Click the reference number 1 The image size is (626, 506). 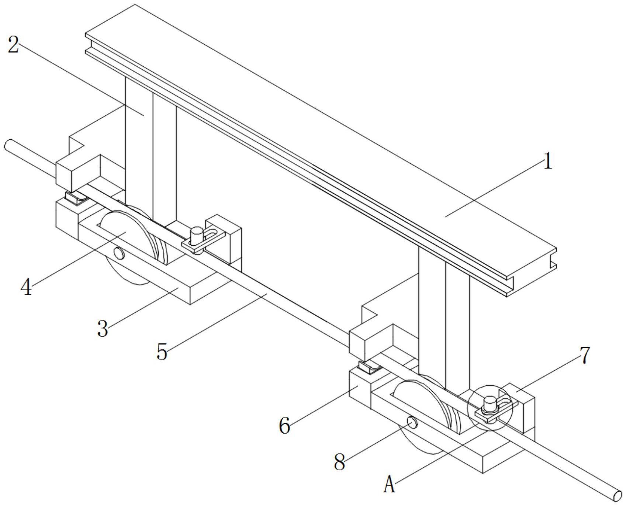click(x=548, y=162)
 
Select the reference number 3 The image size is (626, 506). click(x=103, y=328)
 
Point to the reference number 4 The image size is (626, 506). click(x=26, y=287)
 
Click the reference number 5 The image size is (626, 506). click(x=162, y=351)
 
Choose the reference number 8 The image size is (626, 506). click(x=339, y=462)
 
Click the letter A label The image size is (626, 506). click(x=389, y=485)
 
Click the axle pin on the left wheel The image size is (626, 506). click(x=119, y=253)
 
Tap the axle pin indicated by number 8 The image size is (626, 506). click(x=412, y=422)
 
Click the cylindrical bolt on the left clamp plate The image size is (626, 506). click(x=196, y=236)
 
